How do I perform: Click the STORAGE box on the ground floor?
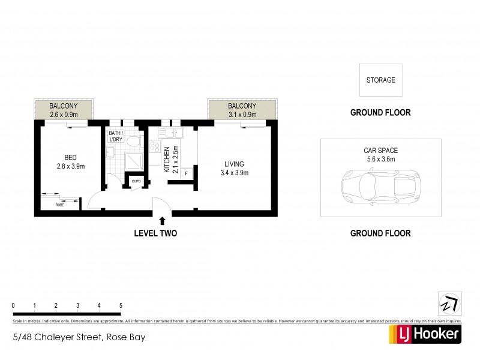(381, 80)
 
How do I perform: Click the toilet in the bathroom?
(133, 141)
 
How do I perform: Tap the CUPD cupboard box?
(136, 181)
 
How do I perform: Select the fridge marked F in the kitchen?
(187, 174)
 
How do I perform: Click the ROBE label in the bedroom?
(59, 205)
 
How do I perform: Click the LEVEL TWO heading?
(155, 233)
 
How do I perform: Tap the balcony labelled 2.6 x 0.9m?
(64, 110)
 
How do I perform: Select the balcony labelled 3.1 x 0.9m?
(242, 110)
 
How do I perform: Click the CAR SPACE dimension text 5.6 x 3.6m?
(380, 159)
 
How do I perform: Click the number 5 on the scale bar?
(121, 305)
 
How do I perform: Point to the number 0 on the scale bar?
(13, 305)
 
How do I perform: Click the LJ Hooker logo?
(426, 334)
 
